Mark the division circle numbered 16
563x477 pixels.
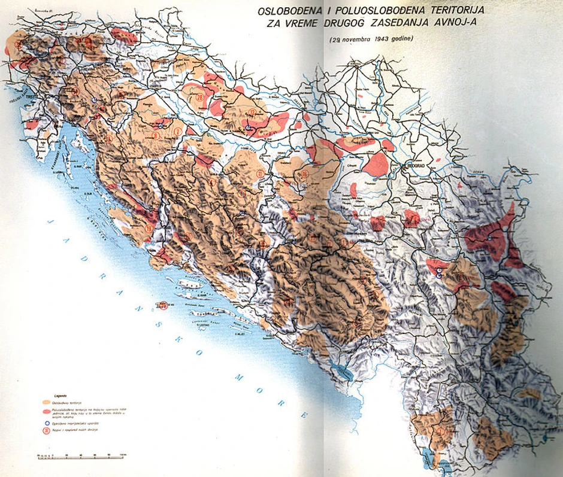point(304,174)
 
